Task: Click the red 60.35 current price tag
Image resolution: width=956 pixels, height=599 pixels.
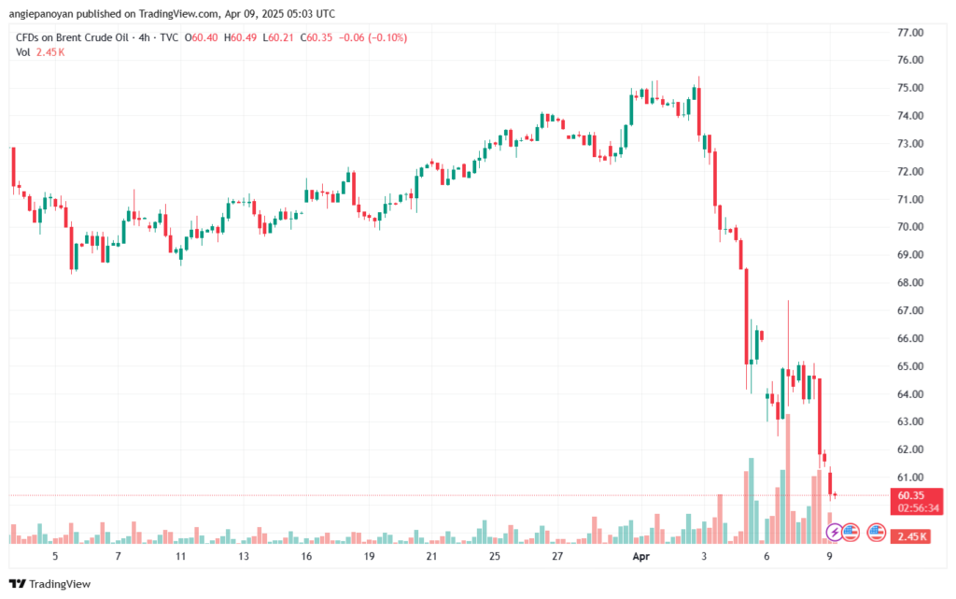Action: point(910,495)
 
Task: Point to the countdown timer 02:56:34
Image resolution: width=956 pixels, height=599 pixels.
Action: point(917,508)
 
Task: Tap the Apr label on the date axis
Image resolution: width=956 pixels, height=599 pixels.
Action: point(640,556)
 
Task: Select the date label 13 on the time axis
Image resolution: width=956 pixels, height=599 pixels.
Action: point(244,556)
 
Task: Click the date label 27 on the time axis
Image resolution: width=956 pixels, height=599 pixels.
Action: point(556,556)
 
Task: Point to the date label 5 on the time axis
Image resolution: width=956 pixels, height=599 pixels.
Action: point(56,556)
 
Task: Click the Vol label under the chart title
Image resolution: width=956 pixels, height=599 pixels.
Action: point(23,52)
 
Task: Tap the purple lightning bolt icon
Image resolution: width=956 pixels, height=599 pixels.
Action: point(834,533)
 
